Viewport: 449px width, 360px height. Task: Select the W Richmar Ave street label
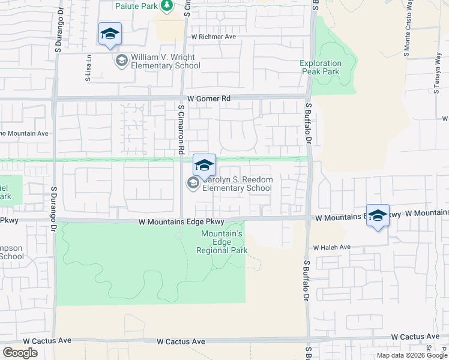214,37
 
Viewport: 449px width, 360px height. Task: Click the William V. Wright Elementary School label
166,62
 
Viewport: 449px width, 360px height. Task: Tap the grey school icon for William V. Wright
121,61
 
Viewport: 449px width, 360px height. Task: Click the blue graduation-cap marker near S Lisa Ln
110,34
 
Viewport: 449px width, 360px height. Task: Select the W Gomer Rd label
209,98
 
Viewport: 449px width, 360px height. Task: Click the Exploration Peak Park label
321,67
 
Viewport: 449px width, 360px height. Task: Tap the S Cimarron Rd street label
181,130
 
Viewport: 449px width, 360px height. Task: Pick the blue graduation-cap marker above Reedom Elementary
204,165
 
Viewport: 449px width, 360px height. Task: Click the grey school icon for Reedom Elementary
193,184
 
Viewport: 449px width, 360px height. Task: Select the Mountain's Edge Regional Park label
223,242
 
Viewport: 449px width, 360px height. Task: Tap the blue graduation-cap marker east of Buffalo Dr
378,216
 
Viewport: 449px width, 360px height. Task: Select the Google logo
20,353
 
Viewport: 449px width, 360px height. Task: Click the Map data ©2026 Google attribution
411,355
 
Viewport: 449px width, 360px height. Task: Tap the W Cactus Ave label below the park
181,341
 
